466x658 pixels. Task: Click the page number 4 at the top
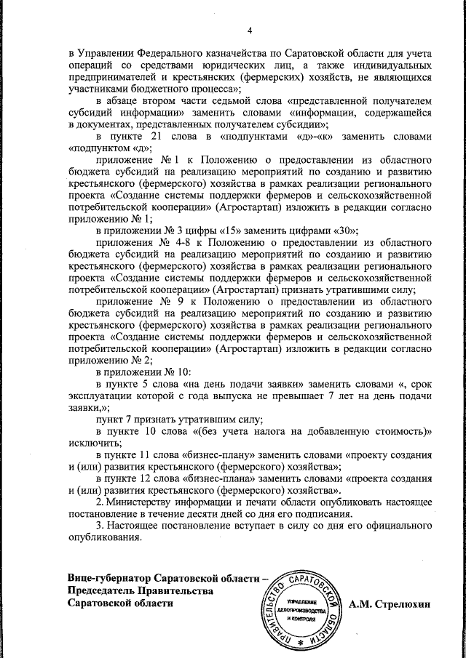coord(249,30)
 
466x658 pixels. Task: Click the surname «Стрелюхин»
coord(404,603)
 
